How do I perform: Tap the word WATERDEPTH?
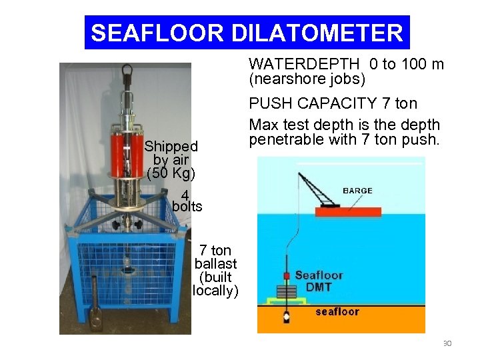[x=303, y=64]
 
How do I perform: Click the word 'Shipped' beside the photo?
[x=171, y=146]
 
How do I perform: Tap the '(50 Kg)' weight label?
[x=171, y=174]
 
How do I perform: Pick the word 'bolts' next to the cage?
[x=187, y=207]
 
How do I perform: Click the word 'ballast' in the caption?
[x=215, y=264]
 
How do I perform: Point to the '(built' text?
[x=215, y=277]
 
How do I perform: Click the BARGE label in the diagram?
[x=357, y=191]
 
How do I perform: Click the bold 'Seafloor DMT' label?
[x=319, y=281]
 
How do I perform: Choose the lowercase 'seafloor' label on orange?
[x=337, y=311]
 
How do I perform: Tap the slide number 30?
[x=447, y=343]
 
